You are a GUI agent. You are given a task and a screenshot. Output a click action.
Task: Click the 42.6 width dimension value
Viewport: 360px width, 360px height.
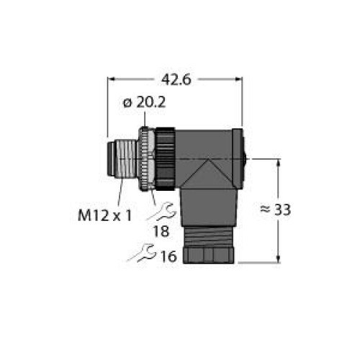click(x=176, y=80)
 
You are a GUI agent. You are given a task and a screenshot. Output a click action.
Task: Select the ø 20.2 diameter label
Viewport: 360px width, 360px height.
click(x=144, y=103)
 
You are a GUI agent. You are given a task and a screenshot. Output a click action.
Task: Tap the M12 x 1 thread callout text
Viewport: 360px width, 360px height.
click(x=105, y=215)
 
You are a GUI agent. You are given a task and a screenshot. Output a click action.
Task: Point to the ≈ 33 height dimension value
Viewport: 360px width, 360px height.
click(x=276, y=210)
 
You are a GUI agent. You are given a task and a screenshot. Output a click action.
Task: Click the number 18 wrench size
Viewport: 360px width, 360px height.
click(x=161, y=232)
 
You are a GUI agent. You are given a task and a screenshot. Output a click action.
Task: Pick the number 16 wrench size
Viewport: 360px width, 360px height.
click(x=168, y=256)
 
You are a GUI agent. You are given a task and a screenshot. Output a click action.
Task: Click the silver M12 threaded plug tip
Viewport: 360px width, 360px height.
click(x=122, y=159)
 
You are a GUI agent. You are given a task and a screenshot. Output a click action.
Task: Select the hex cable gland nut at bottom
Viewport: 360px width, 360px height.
click(x=208, y=254)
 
